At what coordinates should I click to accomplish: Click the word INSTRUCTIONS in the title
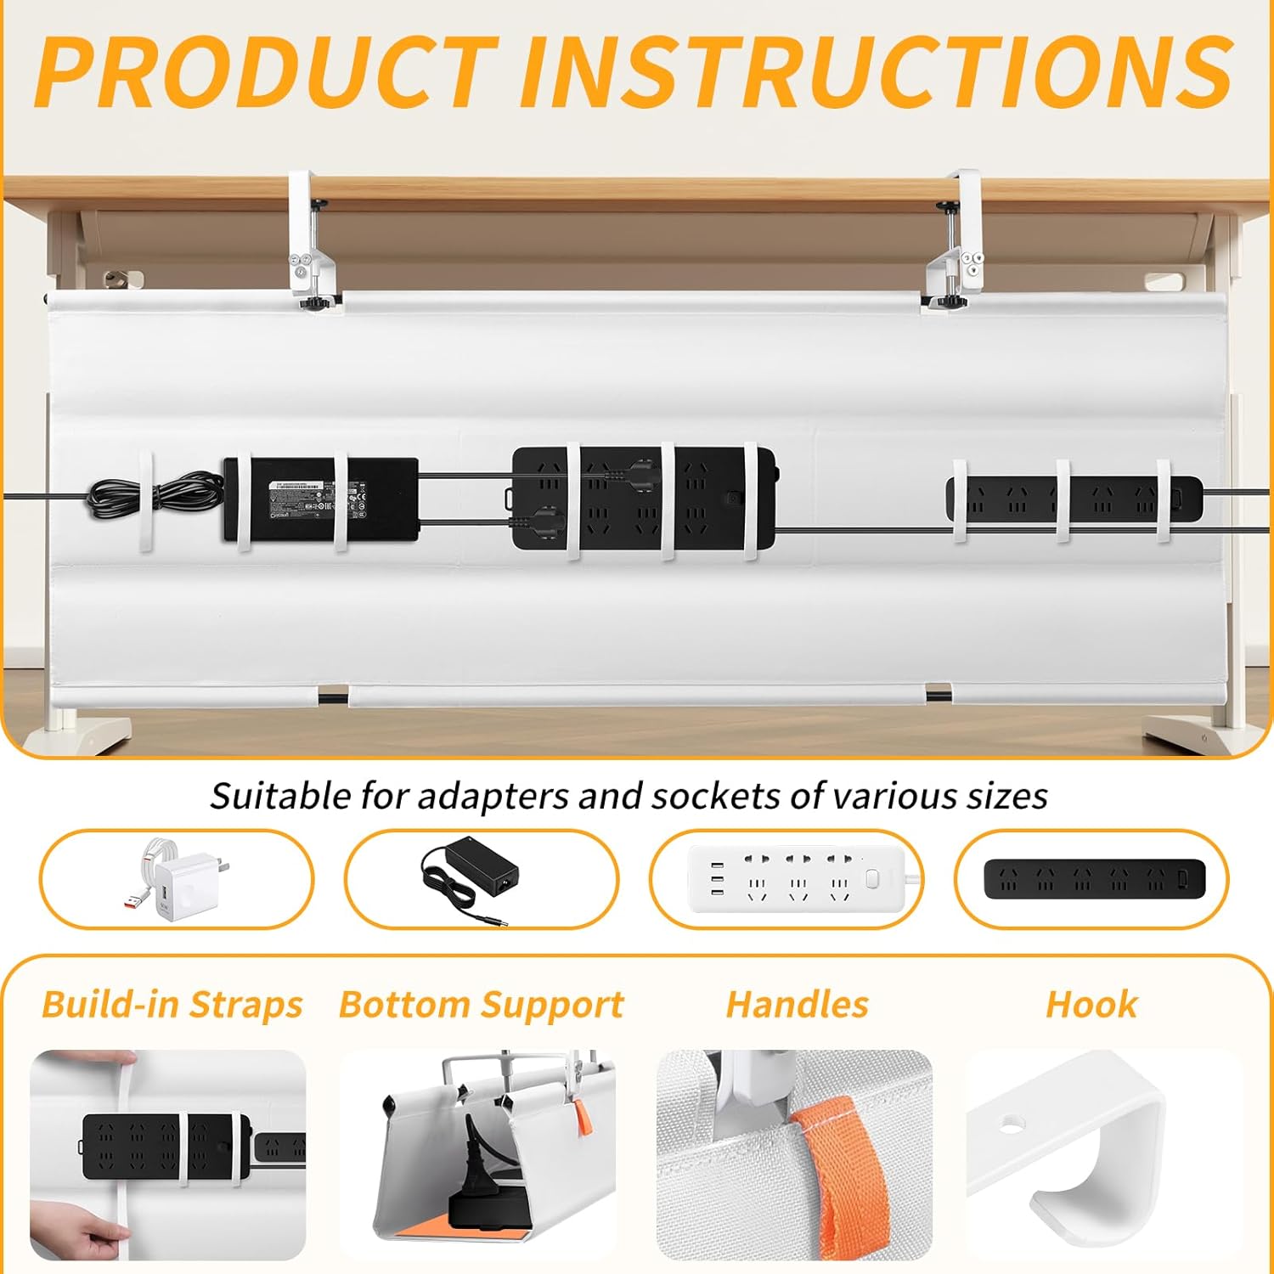pyautogui.click(x=875, y=72)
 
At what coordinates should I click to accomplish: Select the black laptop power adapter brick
pyautogui.click(x=320, y=501)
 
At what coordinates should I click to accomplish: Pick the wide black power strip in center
pyautogui.click(x=643, y=499)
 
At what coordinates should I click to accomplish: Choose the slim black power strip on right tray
pyautogui.click(x=1074, y=499)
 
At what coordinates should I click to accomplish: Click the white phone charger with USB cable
pyautogui.click(x=176, y=880)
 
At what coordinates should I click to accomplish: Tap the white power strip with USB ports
pyautogui.click(x=797, y=878)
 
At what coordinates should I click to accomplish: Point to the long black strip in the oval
pyautogui.click(x=1094, y=878)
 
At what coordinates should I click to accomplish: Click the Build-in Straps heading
pyautogui.click(x=172, y=1005)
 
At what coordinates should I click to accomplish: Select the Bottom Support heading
pyautogui.click(x=481, y=1005)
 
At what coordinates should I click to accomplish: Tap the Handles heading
pyautogui.click(x=797, y=1005)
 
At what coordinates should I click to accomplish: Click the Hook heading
pyautogui.click(x=1091, y=1005)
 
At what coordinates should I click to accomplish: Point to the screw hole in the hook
pyautogui.click(x=1011, y=1124)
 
